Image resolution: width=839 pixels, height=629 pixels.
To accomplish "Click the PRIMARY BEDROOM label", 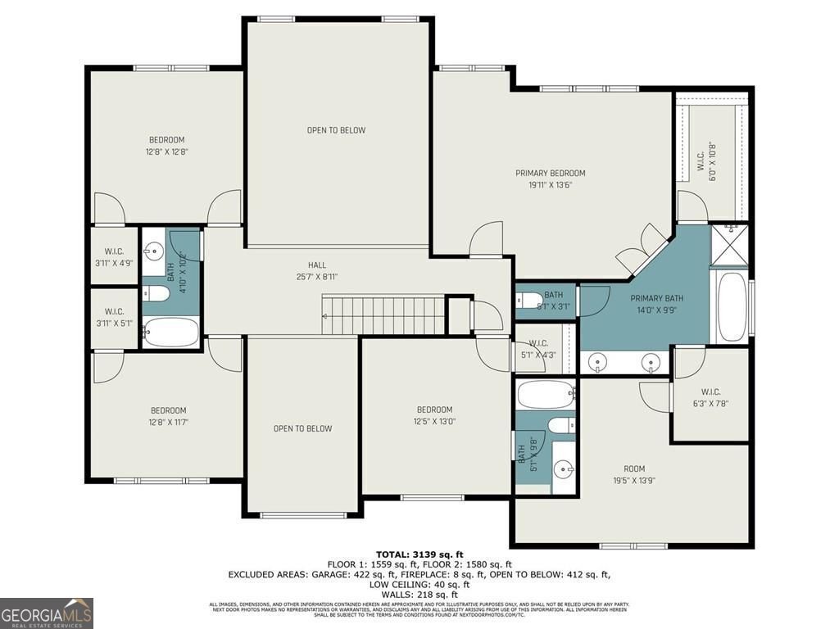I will click(x=550, y=179).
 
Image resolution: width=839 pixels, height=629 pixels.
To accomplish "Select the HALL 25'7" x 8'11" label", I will click(x=316, y=271).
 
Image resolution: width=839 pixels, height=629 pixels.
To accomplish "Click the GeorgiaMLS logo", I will click(x=47, y=613).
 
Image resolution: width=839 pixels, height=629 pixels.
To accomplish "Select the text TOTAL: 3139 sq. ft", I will click(x=419, y=554).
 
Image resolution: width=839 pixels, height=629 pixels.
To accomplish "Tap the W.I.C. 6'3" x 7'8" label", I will click(x=710, y=397).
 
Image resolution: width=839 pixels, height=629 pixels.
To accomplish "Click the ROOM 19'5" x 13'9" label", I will click(x=633, y=474).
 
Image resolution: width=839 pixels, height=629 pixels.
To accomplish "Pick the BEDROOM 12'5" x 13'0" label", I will click(x=434, y=415).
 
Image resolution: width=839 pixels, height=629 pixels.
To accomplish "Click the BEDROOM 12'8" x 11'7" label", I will click(x=167, y=416).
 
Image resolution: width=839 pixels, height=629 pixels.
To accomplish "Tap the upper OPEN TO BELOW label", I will click(x=336, y=130).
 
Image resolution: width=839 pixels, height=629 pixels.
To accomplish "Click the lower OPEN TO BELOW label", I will click(x=302, y=428).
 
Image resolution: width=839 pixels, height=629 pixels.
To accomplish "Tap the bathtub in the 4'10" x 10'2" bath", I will click(x=171, y=333).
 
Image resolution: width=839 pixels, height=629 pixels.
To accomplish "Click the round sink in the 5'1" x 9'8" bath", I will click(x=562, y=469).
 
